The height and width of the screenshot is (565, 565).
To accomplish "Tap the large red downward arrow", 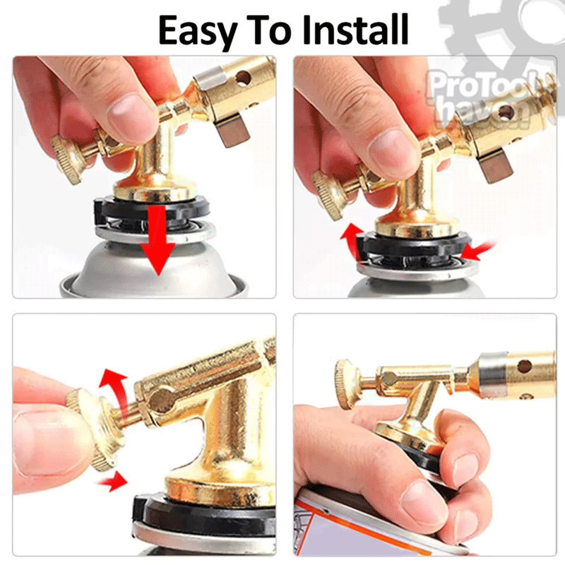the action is click(x=157, y=240).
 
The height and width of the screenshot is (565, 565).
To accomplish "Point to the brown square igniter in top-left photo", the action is click(x=232, y=132).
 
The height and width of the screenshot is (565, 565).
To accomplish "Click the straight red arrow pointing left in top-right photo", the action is click(x=477, y=251).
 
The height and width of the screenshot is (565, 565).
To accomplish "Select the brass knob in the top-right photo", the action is click(x=327, y=195).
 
